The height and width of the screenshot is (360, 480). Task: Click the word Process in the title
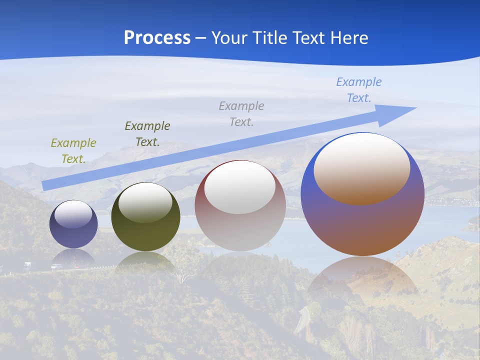(x=157, y=38)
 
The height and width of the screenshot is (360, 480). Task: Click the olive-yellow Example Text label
(x=73, y=151)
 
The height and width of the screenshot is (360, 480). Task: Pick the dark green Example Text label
(x=147, y=134)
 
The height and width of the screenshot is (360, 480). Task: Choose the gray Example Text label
(x=241, y=114)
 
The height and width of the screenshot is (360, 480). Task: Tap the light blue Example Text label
(x=359, y=90)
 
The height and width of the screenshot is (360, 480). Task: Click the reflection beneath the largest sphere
(x=362, y=280)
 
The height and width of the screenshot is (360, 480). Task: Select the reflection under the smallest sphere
(x=73, y=257)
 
